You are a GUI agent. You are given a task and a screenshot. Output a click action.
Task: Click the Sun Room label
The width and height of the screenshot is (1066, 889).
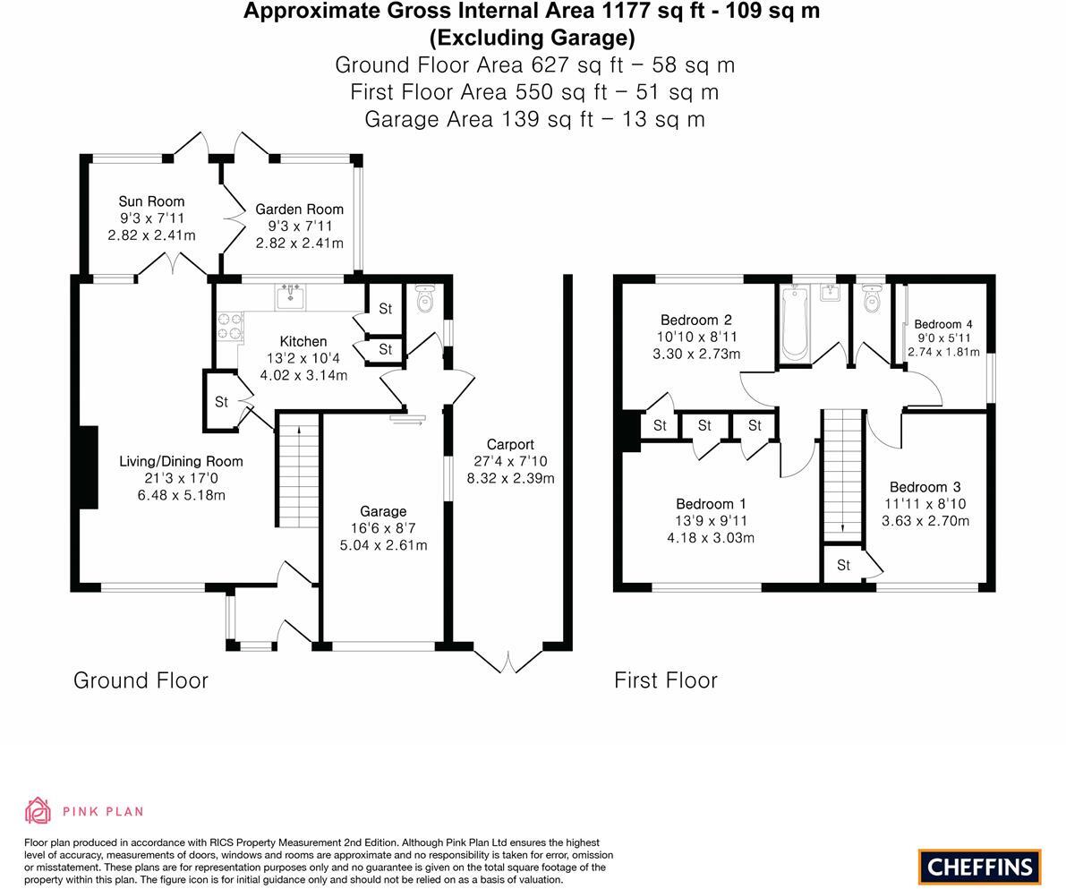tap(151, 201)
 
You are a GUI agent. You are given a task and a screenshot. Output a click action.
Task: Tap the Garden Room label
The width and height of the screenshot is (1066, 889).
tap(299, 209)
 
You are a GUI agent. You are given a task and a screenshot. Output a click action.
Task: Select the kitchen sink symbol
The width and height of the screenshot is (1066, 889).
tap(291, 295)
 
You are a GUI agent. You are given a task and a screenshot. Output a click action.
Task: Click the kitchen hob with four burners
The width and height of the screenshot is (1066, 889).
tap(230, 326)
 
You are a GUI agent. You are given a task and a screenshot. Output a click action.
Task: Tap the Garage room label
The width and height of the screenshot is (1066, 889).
tap(383, 511)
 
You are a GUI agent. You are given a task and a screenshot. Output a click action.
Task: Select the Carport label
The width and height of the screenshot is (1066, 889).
tap(510, 444)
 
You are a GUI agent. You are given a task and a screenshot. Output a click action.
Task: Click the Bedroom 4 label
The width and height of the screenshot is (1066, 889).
tap(943, 324)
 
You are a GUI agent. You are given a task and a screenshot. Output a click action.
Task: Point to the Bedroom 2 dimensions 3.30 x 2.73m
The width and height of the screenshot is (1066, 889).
tap(696, 354)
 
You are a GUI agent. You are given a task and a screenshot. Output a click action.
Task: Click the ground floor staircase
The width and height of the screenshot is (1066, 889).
tap(297, 474)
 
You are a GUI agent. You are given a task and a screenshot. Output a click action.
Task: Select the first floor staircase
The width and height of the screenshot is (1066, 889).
tap(841, 474)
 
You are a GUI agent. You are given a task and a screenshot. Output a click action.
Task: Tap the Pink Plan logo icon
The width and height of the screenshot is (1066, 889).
tap(38, 810)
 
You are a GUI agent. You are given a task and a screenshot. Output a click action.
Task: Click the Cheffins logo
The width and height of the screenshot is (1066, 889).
tap(979, 867)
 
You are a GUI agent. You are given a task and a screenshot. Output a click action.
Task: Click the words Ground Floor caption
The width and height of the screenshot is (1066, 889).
tap(141, 680)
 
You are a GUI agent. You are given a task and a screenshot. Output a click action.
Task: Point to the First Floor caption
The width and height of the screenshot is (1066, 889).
tap(665, 680)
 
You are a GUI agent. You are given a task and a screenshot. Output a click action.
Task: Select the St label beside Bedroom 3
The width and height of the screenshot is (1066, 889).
tap(843, 565)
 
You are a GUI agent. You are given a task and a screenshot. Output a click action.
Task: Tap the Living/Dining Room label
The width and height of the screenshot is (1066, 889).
tap(181, 461)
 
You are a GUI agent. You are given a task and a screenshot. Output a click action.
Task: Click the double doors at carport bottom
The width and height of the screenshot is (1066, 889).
tap(507, 661)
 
